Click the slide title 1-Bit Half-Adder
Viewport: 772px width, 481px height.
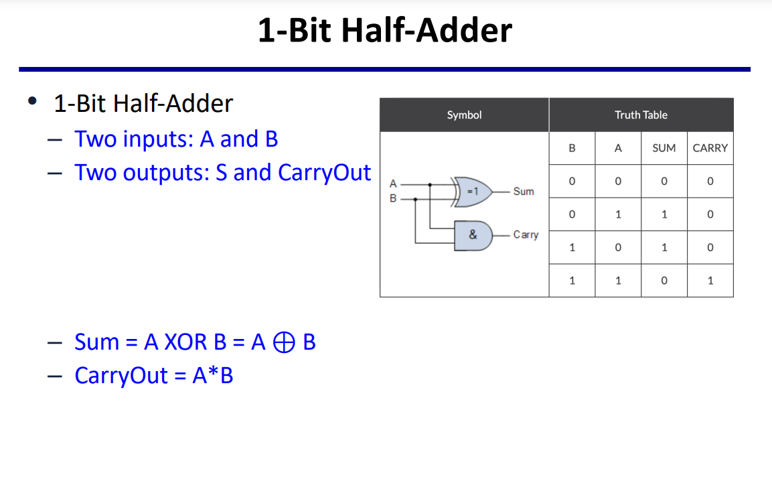point(385,31)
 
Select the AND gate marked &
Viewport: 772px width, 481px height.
point(473,235)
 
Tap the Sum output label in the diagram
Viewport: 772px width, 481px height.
point(524,192)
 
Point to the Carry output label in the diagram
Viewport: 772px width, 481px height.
point(526,235)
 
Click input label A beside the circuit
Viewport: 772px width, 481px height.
point(393,183)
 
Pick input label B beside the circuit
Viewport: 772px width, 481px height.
point(393,198)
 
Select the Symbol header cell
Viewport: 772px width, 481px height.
point(464,115)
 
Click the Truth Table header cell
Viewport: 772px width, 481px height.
point(641,115)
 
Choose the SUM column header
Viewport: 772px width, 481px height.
point(664,148)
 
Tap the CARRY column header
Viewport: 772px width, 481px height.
point(710,148)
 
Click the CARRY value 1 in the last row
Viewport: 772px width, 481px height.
point(710,281)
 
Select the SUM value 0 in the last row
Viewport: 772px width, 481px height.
point(664,281)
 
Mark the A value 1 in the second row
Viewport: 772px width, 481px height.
point(618,214)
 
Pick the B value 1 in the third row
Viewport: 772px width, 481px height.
point(572,248)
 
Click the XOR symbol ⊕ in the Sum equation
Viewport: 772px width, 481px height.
point(284,342)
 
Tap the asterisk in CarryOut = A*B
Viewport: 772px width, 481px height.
point(213,372)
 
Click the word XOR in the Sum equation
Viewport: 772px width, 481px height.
point(185,342)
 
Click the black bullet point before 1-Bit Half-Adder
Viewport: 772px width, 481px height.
point(31,102)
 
